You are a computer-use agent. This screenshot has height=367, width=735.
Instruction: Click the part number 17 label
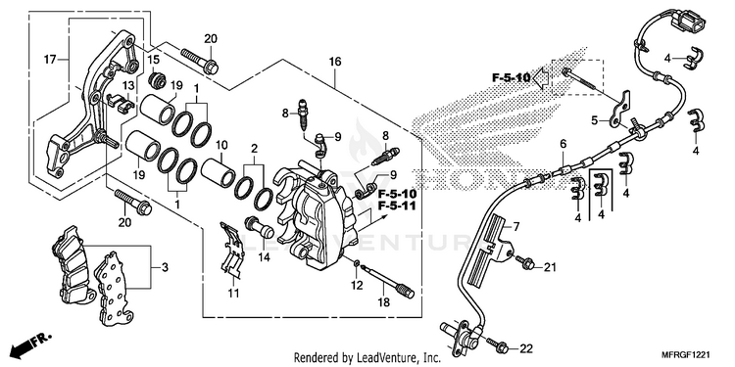point(50,60)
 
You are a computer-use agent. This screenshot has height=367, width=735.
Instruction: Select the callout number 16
point(335,62)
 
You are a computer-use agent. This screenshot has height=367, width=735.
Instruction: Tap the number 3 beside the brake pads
point(165,268)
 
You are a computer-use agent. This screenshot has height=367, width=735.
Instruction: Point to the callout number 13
point(128,85)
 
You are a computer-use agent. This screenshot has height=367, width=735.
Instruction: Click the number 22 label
point(526,348)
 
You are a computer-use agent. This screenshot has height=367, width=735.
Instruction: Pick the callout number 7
point(515,228)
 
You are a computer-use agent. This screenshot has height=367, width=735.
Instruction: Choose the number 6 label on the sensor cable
point(563,144)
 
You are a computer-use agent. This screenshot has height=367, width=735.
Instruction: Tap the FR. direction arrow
point(31,344)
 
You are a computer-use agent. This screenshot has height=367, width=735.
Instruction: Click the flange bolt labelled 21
point(526,262)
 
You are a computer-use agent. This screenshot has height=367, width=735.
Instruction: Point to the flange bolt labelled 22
point(497,345)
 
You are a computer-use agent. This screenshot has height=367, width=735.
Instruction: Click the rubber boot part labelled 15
point(157,80)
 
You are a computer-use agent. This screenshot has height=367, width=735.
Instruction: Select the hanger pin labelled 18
point(389,280)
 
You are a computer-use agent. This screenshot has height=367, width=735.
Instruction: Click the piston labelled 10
point(218,172)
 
